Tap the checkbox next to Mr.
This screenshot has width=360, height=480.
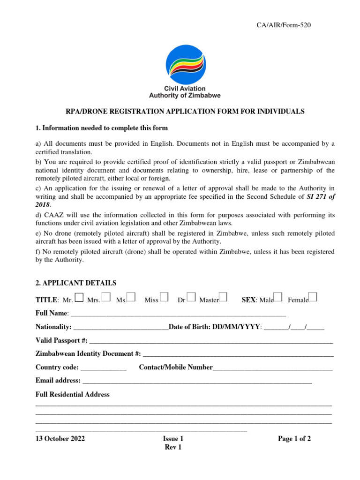point(79,297)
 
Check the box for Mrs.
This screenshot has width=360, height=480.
point(106,297)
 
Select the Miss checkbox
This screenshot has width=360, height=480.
point(164,297)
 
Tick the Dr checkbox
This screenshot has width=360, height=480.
point(191,297)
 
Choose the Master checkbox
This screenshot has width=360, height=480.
point(223,297)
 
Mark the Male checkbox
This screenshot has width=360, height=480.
point(278,297)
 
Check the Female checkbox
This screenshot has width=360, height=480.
point(313,297)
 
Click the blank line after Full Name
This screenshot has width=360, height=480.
point(178,314)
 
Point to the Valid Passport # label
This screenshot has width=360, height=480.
point(61,340)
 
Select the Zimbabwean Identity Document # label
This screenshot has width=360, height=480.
point(88,354)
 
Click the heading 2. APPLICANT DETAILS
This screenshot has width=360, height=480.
point(76,283)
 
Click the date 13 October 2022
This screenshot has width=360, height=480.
point(60,439)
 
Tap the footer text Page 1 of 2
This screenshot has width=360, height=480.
point(294,439)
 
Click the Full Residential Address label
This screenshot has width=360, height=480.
point(73,395)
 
